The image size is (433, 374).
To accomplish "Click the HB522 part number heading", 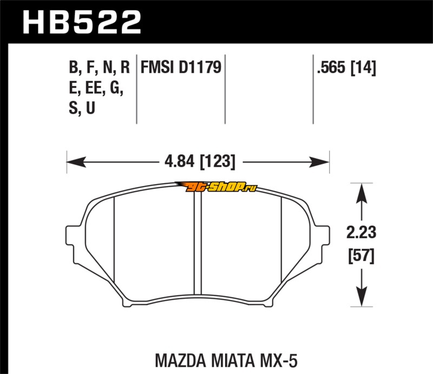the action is [x=82, y=22].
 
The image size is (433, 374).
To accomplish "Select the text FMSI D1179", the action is [x=181, y=68].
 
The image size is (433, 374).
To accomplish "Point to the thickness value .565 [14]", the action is [x=346, y=68].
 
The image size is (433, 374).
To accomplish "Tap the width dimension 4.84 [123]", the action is [x=200, y=162].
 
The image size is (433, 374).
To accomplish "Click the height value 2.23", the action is [x=361, y=232].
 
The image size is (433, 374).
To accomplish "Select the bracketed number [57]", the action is [x=361, y=256].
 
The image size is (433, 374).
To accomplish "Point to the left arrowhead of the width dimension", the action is [x=76, y=162].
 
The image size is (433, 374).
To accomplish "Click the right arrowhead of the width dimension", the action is [x=320, y=162].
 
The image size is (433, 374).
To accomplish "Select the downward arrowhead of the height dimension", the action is [x=361, y=297].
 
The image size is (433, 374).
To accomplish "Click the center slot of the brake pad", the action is [x=198, y=243].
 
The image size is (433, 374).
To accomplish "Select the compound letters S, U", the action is [x=82, y=108].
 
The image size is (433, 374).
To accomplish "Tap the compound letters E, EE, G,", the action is [x=96, y=88].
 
